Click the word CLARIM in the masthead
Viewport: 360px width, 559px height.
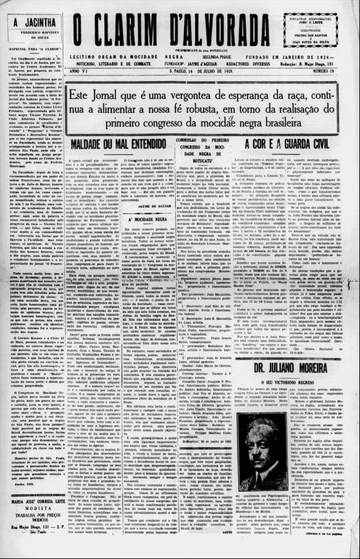click(127, 31)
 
